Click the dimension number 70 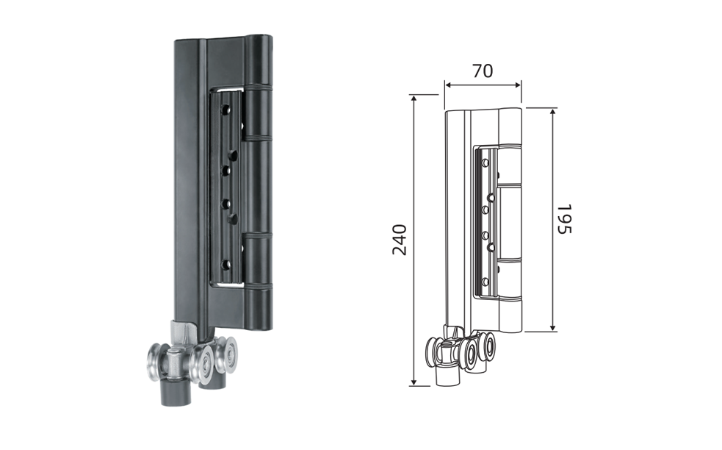pos(483,71)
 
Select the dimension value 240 pos(400,240)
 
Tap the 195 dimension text pos(564,219)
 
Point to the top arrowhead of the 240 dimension pos(414,99)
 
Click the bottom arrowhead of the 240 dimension pos(414,382)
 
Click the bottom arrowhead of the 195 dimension pos(554,327)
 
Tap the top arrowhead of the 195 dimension pos(554,113)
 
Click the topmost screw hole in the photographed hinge pos(225,110)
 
